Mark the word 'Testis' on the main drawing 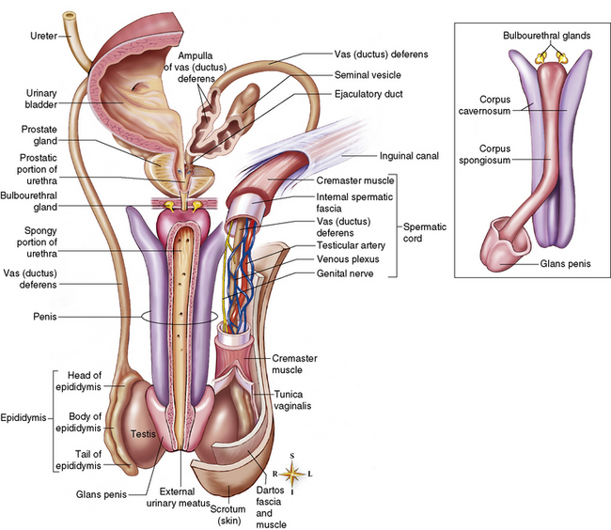point(142,435)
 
